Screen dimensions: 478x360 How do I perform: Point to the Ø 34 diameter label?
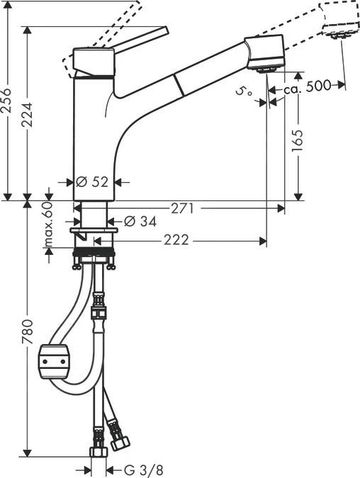(x=140, y=222)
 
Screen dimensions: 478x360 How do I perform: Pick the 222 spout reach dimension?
(x=176, y=241)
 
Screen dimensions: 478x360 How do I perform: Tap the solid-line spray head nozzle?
(x=265, y=69)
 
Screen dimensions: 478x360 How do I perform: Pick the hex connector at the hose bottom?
(x=97, y=451)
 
